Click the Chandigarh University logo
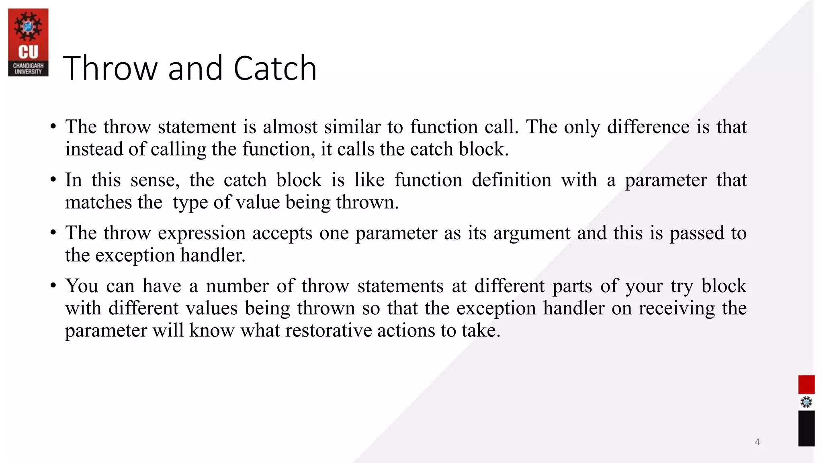28,42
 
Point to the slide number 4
757,442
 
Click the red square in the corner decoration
806,385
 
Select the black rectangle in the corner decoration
806,428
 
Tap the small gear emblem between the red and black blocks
806,402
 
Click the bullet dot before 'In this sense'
53,180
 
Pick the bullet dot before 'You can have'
53,286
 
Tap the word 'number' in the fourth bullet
237,286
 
